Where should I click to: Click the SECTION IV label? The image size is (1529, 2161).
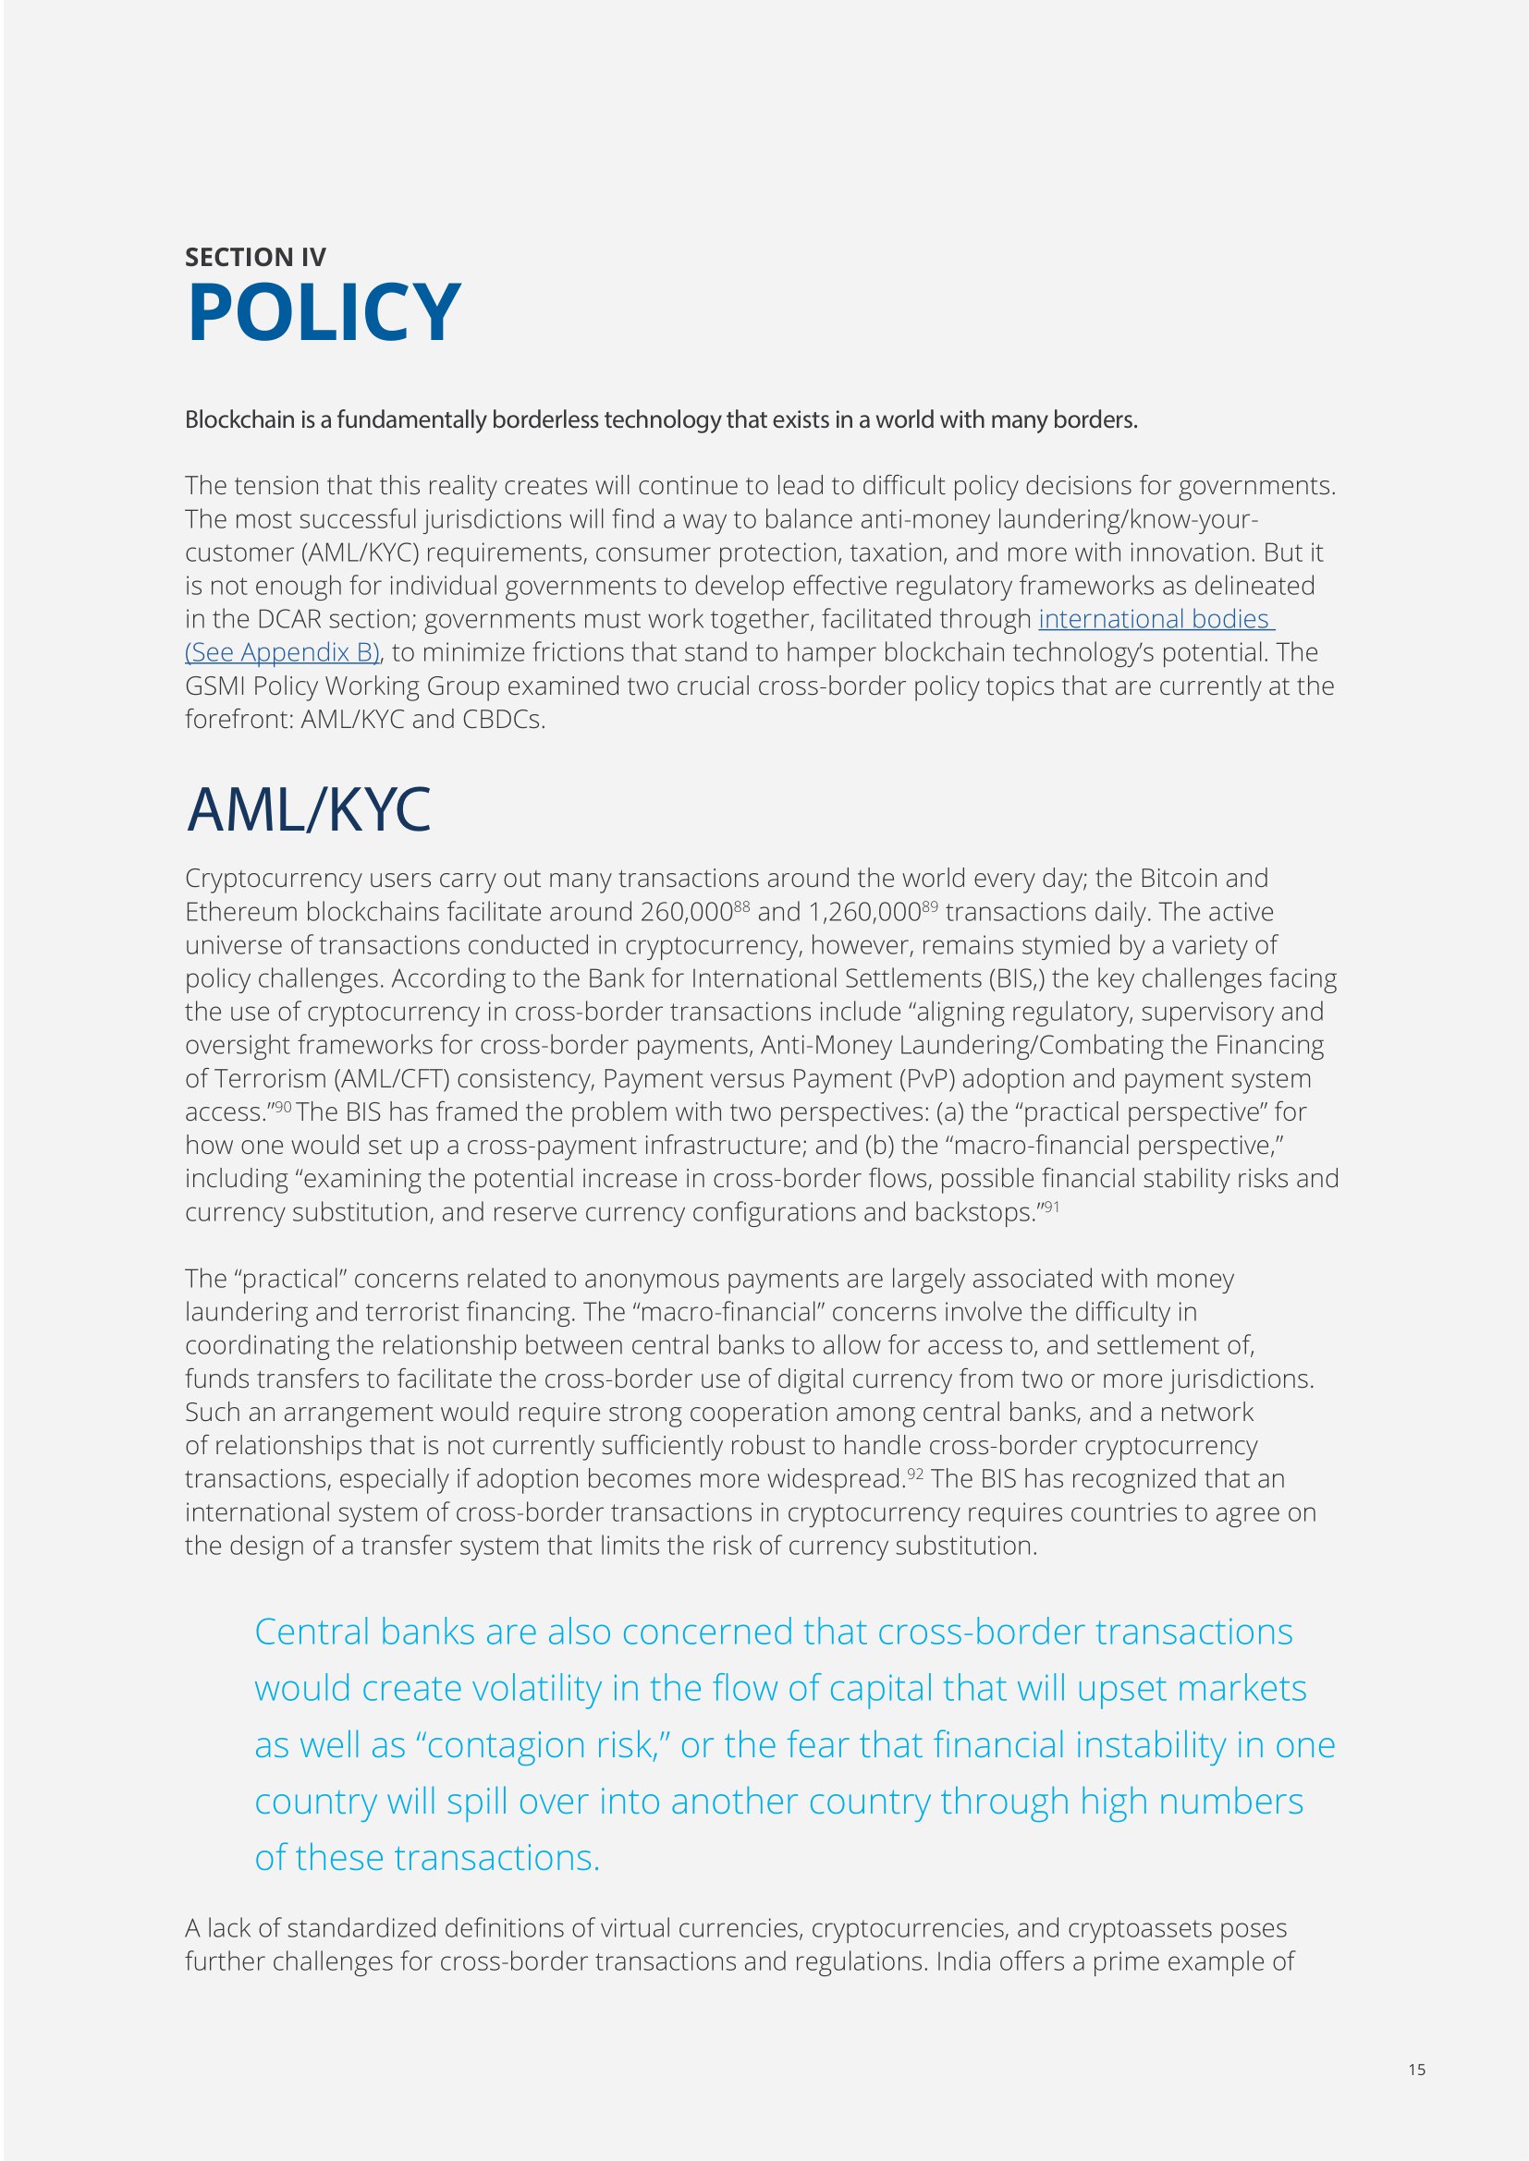coord(255,257)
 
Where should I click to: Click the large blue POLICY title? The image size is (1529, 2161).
coord(324,312)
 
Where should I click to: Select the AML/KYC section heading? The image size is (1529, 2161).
coord(308,809)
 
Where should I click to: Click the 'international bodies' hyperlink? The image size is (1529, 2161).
coord(1156,619)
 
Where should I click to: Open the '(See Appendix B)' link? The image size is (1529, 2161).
coord(283,652)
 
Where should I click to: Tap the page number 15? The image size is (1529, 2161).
coord(1417,2069)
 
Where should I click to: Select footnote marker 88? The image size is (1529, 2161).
coord(742,905)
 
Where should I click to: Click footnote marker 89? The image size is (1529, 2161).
coord(929,905)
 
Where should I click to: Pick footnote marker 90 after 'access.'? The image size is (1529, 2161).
coord(283,1106)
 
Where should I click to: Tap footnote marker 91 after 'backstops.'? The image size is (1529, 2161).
coord(1051,1206)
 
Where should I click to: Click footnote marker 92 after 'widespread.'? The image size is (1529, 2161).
coord(914,1473)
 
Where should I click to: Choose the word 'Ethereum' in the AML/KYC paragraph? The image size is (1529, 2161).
coord(242,912)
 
